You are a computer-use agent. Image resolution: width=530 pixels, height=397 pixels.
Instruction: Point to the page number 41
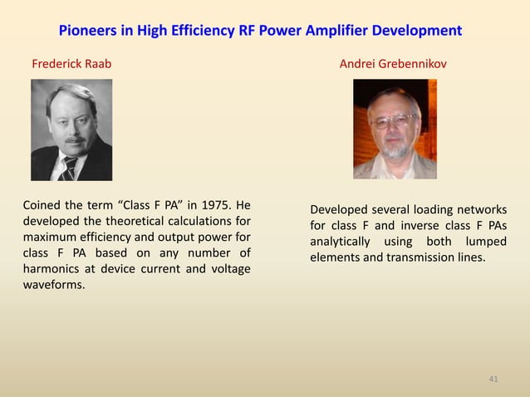pos(493,380)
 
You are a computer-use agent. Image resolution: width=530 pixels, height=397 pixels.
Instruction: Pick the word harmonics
pos(53,269)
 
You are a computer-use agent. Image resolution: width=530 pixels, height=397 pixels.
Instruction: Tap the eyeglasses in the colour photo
pos(393,121)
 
